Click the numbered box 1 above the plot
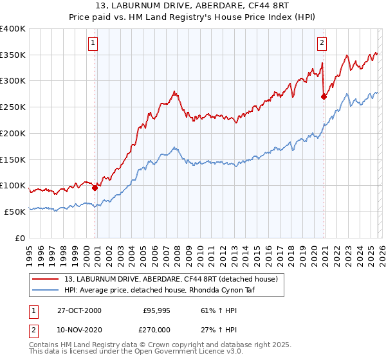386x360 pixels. [x=93, y=44]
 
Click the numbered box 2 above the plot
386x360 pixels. [x=322, y=44]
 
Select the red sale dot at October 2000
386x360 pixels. [x=95, y=188]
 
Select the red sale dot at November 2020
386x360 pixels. [x=324, y=97]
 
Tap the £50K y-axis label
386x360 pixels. [x=15, y=212]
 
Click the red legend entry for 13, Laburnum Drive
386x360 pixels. [x=170, y=279]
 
